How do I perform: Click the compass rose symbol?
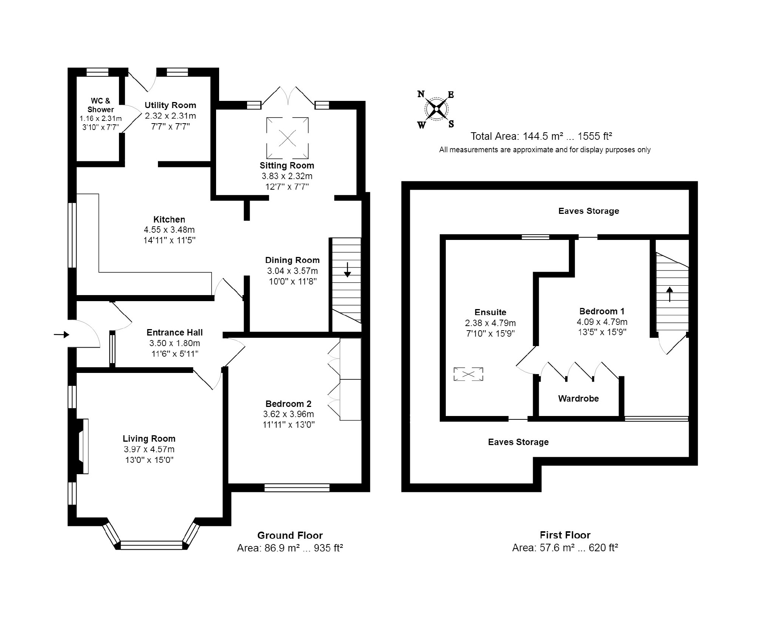pyautogui.click(x=436, y=109)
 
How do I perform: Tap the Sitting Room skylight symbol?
pyautogui.click(x=287, y=138)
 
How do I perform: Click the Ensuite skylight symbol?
pyautogui.click(x=468, y=374)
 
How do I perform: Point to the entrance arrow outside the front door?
pyautogui.click(x=62, y=334)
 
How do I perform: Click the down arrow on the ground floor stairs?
pyautogui.click(x=347, y=270)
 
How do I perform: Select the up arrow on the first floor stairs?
pyautogui.click(x=670, y=294)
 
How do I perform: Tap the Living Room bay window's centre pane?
pyautogui.click(x=151, y=545)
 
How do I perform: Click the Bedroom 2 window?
pyautogui.click(x=297, y=487)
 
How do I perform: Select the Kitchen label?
pyautogui.click(x=169, y=220)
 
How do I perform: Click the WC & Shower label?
pyautogui.click(x=101, y=105)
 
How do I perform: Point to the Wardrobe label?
pyautogui.click(x=578, y=398)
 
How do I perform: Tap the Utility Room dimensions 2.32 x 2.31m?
pyautogui.click(x=170, y=116)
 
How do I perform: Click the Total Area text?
pyautogui.click(x=541, y=136)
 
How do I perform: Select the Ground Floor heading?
pyautogui.click(x=290, y=535)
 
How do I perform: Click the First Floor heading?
pyautogui.click(x=565, y=535)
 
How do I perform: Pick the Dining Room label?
pyautogui.click(x=292, y=260)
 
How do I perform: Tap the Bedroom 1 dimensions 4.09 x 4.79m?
pyautogui.click(x=602, y=322)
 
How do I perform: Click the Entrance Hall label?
pyautogui.click(x=175, y=332)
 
